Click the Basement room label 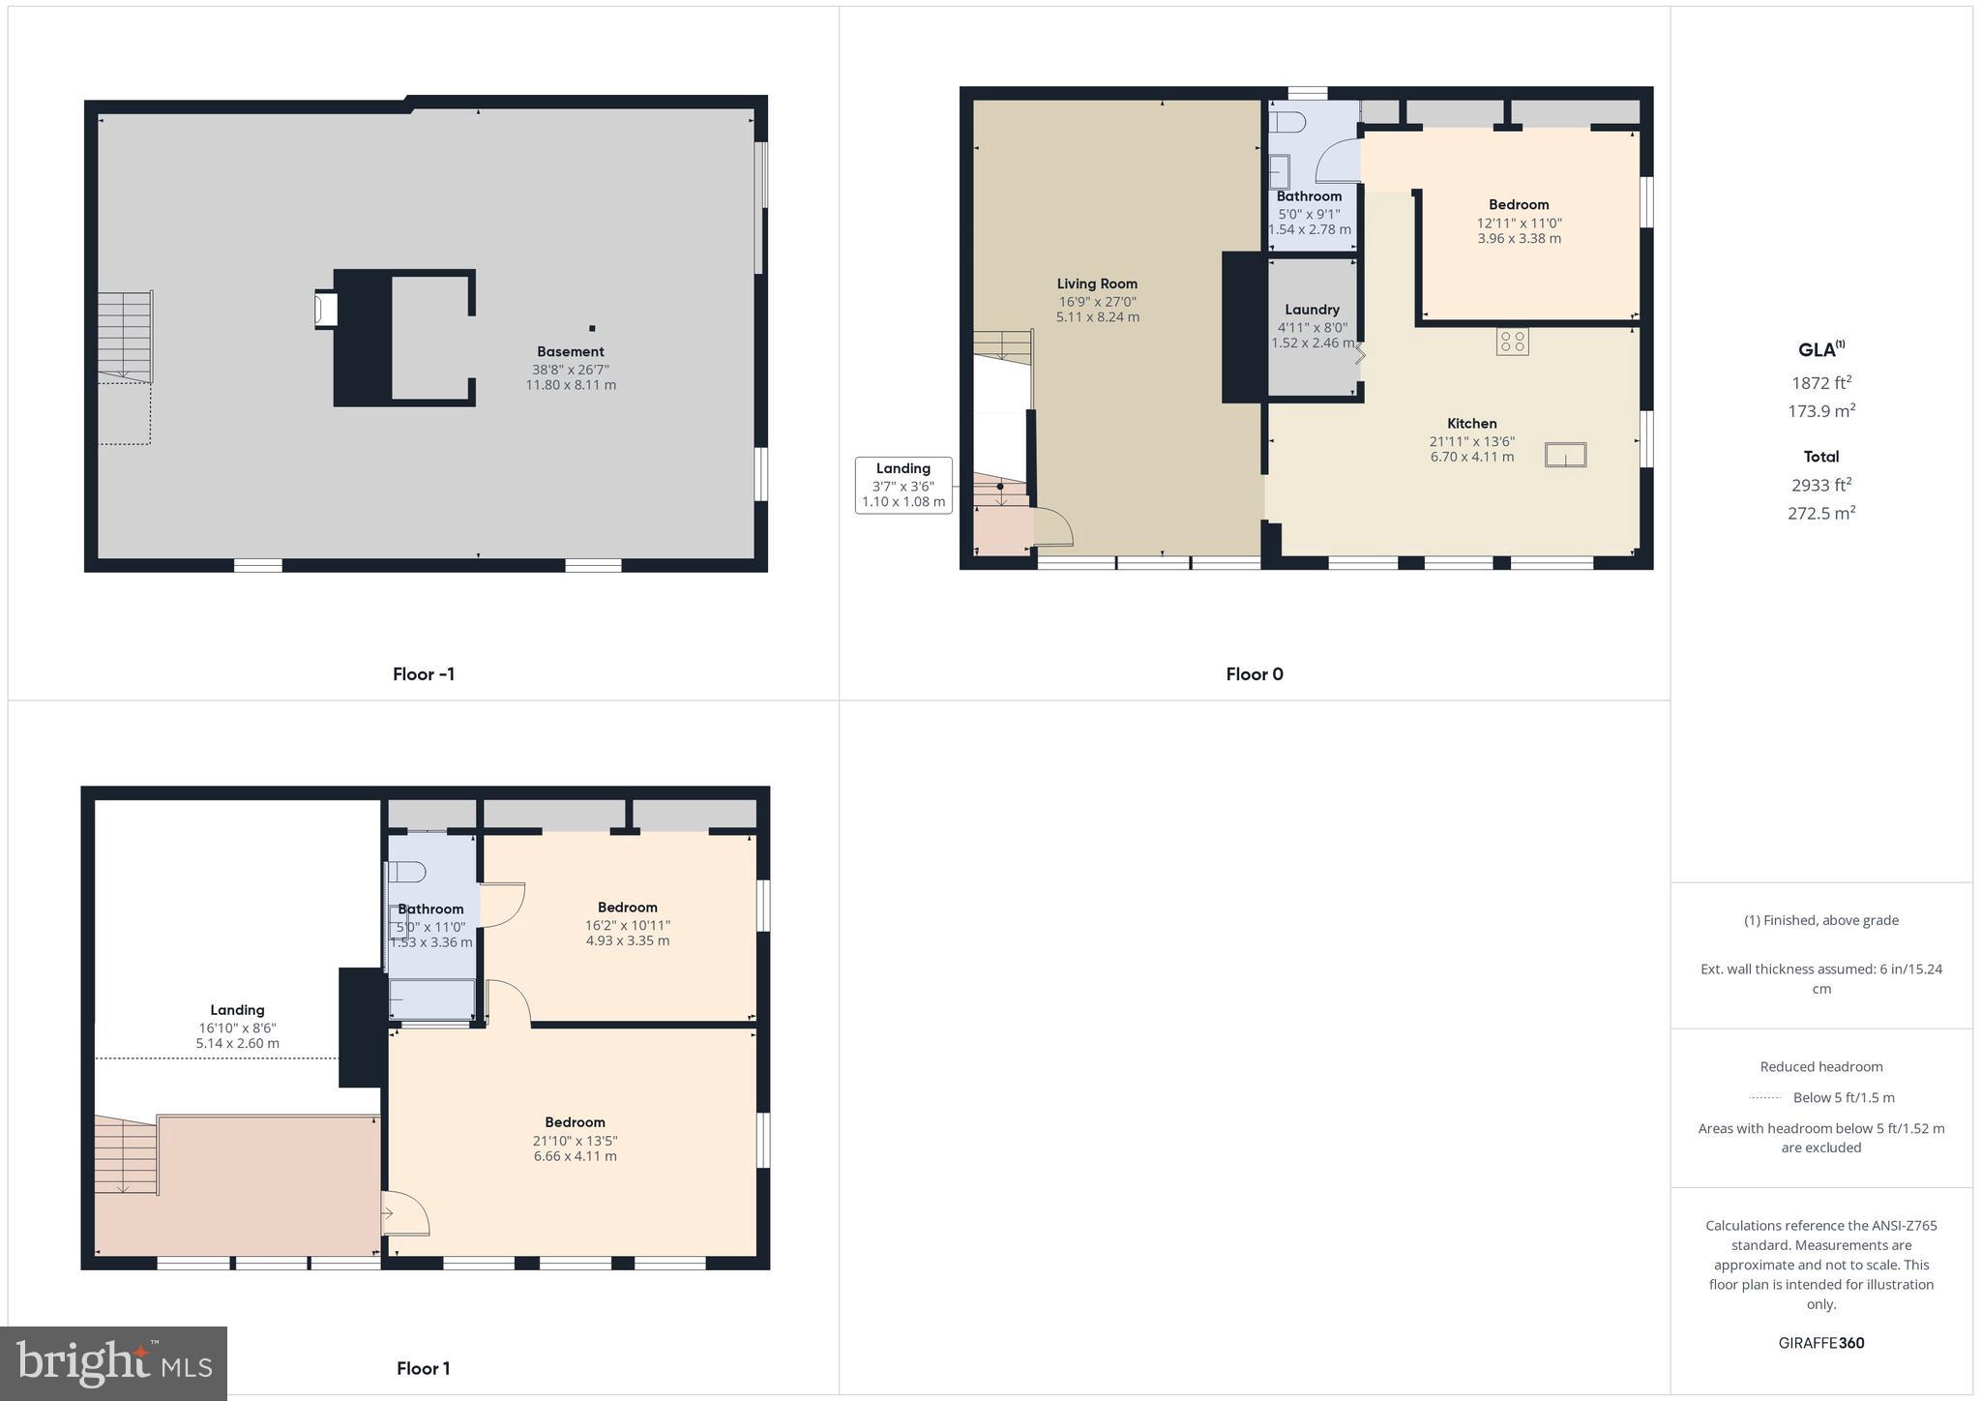[571, 352]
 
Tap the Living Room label [1097, 283]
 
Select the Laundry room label [1312, 310]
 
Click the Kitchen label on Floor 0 [1471, 424]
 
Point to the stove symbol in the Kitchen [1512, 342]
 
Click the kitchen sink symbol [1565, 455]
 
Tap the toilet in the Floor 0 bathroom [1287, 123]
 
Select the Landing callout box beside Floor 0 [903, 485]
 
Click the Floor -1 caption [423, 674]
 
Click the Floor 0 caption [1254, 674]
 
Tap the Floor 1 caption [423, 1368]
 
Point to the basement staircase [125, 335]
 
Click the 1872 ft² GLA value [1820, 382]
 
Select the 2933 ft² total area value [1820, 485]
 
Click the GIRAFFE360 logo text [1820, 1343]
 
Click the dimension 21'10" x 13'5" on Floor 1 [575, 1141]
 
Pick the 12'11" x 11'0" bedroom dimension [1519, 223]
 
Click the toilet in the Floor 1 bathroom [407, 872]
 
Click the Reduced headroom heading [1820, 1067]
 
